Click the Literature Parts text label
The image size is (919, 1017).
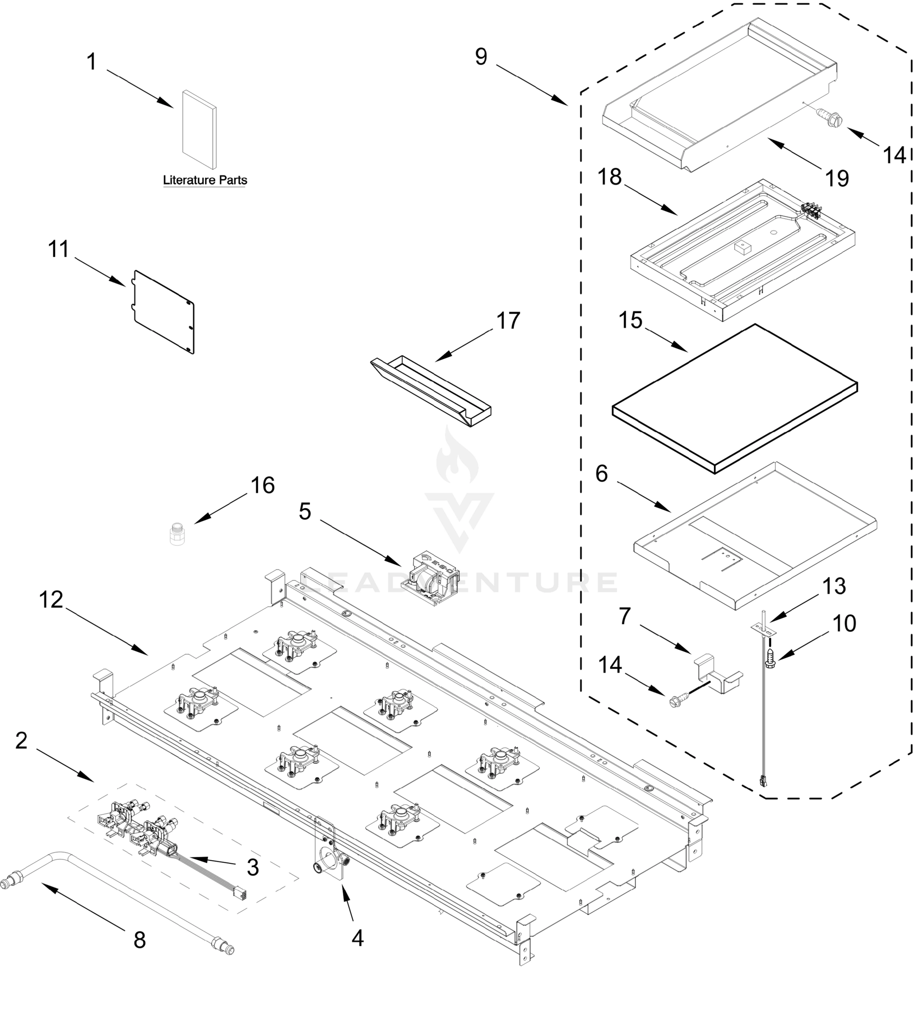[x=205, y=180]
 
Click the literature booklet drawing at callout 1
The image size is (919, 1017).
[x=200, y=130]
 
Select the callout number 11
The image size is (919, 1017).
[x=58, y=249]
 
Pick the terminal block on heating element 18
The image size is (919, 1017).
[x=811, y=210]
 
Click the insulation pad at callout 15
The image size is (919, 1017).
[x=735, y=398]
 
